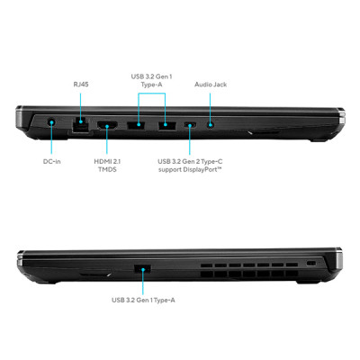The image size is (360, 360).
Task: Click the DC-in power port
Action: click(51, 122)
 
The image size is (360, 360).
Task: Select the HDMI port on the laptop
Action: click(106, 123)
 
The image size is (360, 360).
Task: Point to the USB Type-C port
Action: click(191, 123)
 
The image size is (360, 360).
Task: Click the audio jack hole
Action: click(210, 123)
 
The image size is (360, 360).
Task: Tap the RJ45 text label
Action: click(80, 85)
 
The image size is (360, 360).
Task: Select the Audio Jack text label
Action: click(211, 85)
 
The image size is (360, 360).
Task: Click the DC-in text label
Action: click(53, 162)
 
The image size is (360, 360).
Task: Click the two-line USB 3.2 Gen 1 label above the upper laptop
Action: click(152, 82)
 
